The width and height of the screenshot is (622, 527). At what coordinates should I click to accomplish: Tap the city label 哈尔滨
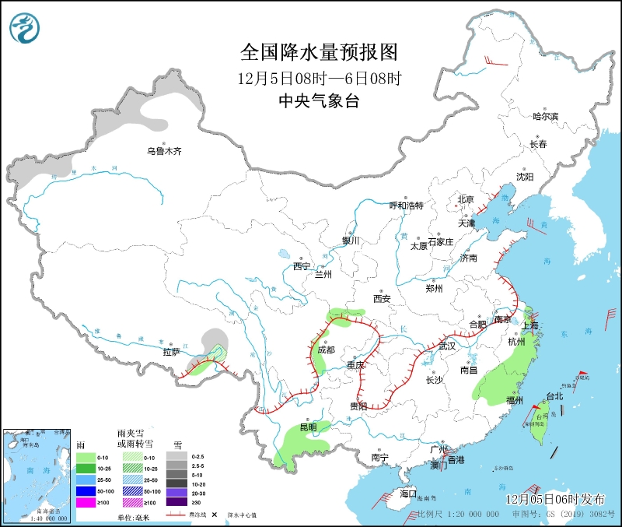click(546, 116)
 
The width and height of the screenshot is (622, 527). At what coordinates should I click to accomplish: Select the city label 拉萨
click(171, 352)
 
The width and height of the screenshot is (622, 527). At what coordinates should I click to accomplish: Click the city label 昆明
click(308, 427)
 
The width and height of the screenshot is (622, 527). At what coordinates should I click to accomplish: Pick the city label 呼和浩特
click(406, 206)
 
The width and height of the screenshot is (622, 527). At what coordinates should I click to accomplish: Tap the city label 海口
click(407, 494)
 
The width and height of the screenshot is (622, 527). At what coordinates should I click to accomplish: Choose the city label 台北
click(554, 396)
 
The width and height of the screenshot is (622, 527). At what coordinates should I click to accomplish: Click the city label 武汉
click(447, 346)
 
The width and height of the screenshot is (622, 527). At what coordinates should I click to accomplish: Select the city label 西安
click(381, 298)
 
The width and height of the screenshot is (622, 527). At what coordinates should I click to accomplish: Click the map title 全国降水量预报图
click(320, 52)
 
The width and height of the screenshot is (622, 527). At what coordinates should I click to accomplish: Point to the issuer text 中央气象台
click(320, 101)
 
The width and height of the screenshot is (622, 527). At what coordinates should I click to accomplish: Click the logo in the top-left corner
click(24, 29)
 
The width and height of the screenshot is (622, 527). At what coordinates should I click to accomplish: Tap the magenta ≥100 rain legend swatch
click(86, 503)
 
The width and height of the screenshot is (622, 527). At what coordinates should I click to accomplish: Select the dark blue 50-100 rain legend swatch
click(86, 491)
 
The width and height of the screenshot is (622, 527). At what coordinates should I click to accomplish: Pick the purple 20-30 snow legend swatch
click(180, 491)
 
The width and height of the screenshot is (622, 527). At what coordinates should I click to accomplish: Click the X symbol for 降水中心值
click(214, 515)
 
